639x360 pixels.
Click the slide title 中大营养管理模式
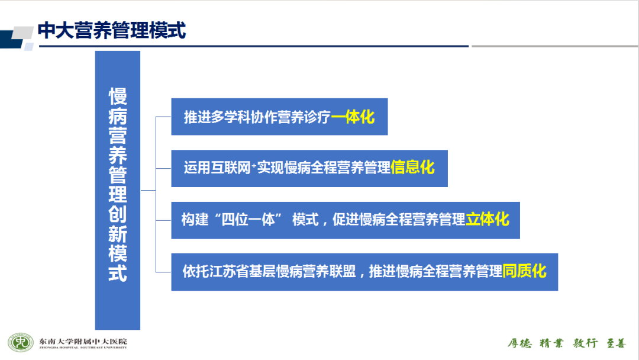tap(112, 30)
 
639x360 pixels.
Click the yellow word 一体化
tap(353, 117)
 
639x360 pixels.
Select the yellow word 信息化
tap(412, 167)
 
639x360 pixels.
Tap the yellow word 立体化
tap(488, 219)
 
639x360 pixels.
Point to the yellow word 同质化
tap(524, 271)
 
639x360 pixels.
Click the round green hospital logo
tap(20, 342)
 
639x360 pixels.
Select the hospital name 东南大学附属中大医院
tap(83, 341)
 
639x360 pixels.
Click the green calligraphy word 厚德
tap(519, 343)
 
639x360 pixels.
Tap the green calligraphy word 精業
tap(551, 343)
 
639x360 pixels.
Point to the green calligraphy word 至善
tap(616, 343)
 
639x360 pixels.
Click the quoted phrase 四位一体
tap(248, 220)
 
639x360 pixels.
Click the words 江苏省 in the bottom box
tap(229, 271)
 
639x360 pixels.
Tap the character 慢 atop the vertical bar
tap(118, 97)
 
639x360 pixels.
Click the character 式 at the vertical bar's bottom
tap(118, 273)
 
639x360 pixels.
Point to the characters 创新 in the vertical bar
tap(118, 224)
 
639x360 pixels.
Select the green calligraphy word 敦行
tap(585, 343)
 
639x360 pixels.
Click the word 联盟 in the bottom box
tap(343, 271)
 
